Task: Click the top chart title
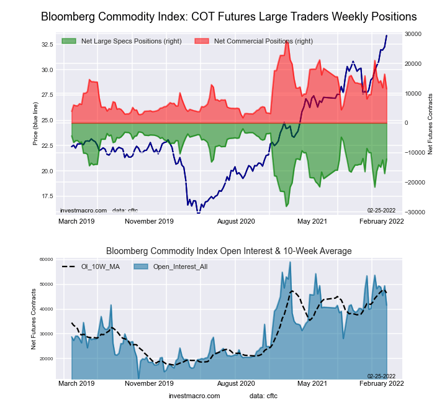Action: pyautogui.click(x=228, y=17)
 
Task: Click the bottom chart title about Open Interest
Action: pyautogui.click(x=228, y=251)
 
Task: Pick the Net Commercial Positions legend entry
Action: pyautogui.click(x=255, y=41)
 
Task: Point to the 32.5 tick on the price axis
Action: pyautogui.click(x=47, y=45)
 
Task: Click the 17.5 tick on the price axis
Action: pyautogui.click(x=47, y=196)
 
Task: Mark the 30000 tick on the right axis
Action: pyautogui.click(x=413, y=34)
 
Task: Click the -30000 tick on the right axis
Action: pyautogui.click(x=413, y=212)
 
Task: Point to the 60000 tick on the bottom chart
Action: pyautogui.click(x=45, y=260)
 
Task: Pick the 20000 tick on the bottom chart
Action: pyautogui.click(x=45, y=359)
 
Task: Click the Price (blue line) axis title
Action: pyautogui.click(x=35, y=123)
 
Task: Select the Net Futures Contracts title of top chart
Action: pyautogui.click(x=430, y=123)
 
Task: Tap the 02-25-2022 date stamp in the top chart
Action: pyautogui.click(x=381, y=210)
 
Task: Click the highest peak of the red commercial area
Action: pyautogui.click(x=286, y=39)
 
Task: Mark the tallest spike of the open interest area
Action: pyautogui.click(x=290, y=262)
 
